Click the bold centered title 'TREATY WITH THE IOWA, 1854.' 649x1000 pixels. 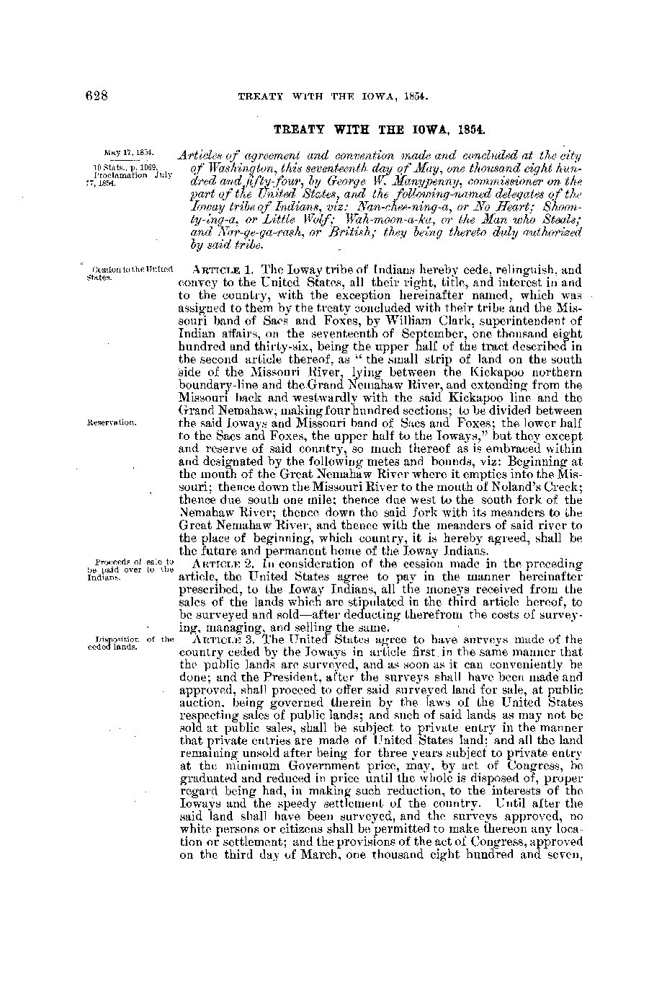coord(379,130)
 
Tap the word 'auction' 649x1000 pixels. coord(197,703)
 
